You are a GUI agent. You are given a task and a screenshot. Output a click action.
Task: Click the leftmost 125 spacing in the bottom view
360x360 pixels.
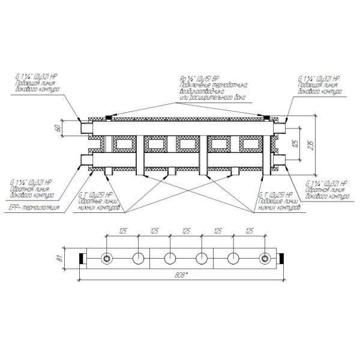(122, 230)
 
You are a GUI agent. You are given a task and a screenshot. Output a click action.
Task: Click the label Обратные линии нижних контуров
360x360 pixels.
(100, 203)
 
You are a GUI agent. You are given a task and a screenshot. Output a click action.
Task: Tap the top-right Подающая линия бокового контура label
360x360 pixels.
(320, 88)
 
